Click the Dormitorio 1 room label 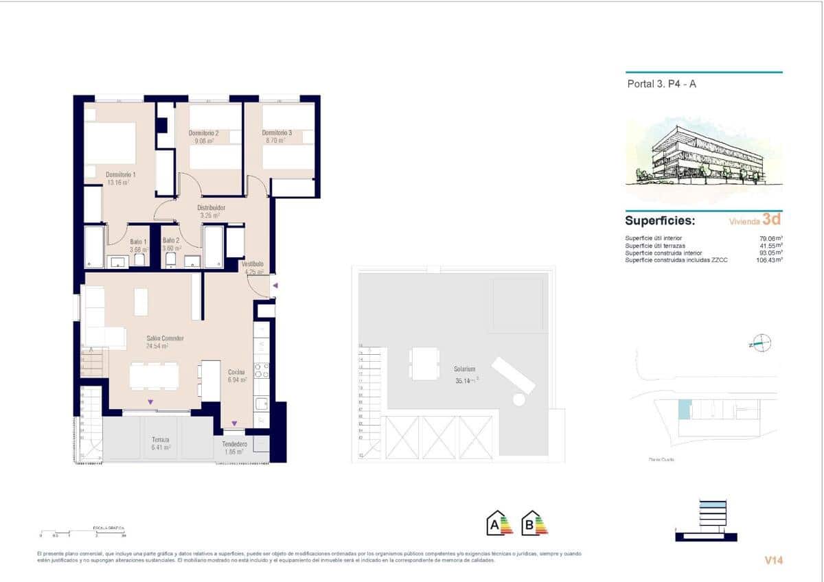(x=120, y=174)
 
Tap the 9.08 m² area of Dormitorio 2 (x=205, y=141)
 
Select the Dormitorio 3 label (x=277, y=132)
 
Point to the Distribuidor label (x=211, y=207)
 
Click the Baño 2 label (x=171, y=240)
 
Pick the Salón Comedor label (x=165, y=338)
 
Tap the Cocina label (x=237, y=372)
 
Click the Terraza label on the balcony (x=160, y=439)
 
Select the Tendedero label (x=235, y=444)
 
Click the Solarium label (x=466, y=369)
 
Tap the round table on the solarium (x=519, y=399)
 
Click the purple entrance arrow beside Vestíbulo (x=275, y=285)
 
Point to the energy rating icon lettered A (x=500, y=524)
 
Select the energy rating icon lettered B (x=534, y=524)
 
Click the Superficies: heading (x=660, y=221)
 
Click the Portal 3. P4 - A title (x=662, y=84)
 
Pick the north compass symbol (x=762, y=342)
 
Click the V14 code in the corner (x=774, y=560)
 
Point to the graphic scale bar (x=82, y=533)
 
